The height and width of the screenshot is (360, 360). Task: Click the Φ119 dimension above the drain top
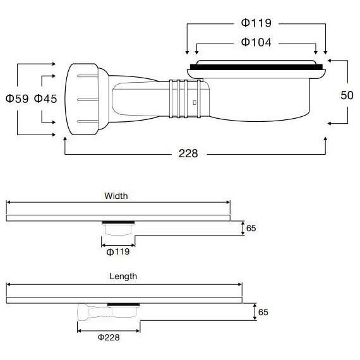pos(256,23)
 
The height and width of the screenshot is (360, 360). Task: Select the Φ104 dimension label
pos(256,42)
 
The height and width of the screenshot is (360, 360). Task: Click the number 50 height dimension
pos(347,95)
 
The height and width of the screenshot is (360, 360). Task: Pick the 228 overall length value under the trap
pos(188,153)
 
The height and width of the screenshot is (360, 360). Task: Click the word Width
pos(116,196)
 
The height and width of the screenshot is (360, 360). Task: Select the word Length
pos(123,276)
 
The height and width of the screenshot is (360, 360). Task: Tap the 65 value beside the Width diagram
pos(251,228)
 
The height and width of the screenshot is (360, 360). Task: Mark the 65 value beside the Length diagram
pos(263,311)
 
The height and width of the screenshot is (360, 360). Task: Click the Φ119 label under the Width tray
pos(118,252)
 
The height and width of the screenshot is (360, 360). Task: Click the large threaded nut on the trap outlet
pos(83,99)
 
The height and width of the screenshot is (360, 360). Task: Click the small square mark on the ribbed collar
pos(195,101)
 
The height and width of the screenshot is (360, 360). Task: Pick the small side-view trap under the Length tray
pos(107,311)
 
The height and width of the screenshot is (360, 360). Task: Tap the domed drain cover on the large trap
pos(257,61)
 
